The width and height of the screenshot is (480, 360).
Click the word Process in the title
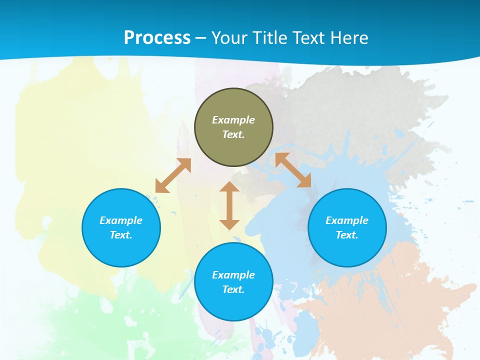(157, 37)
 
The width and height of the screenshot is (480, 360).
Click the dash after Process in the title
(200, 38)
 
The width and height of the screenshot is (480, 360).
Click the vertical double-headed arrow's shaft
(229, 205)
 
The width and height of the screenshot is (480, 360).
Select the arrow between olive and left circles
(173, 175)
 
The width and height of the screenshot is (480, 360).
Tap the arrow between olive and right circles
(293, 170)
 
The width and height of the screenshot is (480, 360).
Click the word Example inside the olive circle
(233, 120)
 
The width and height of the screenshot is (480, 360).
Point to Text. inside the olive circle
(233, 134)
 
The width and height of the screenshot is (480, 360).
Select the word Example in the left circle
(121, 220)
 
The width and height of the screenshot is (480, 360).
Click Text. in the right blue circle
(347, 235)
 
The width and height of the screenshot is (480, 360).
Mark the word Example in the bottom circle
(233, 275)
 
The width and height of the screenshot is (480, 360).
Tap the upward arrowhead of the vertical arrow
(229, 187)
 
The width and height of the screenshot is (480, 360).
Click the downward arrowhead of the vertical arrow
(229, 224)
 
